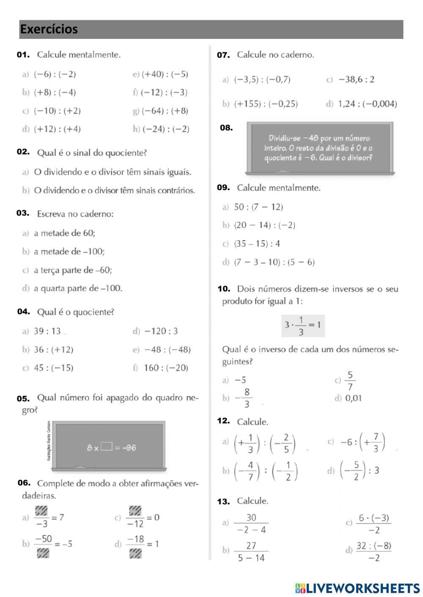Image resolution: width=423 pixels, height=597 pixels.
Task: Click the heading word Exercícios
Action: [x=49, y=29]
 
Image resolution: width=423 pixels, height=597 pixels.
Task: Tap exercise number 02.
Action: [x=23, y=152]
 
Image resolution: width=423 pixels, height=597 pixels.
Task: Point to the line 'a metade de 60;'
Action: [x=64, y=233]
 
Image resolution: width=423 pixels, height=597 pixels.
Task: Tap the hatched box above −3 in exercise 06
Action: [x=41, y=511]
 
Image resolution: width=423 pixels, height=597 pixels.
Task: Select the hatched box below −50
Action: [x=43, y=553]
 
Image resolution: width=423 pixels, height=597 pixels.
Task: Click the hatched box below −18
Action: [x=135, y=553]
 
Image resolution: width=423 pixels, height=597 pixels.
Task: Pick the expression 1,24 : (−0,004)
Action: [x=367, y=104]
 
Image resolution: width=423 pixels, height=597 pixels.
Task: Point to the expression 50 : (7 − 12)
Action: [x=258, y=207]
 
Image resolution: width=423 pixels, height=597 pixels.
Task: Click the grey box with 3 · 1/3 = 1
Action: [x=303, y=325]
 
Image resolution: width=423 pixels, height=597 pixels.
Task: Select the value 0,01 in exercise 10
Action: [x=354, y=398]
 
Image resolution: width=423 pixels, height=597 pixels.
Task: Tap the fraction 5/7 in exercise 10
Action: [x=350, y=381]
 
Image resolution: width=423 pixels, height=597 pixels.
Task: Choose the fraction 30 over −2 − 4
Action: [x=251, y=523]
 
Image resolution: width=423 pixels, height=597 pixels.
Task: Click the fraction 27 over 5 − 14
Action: [x=251, y=551]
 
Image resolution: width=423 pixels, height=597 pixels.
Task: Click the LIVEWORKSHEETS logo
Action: [x=357, y=588]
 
